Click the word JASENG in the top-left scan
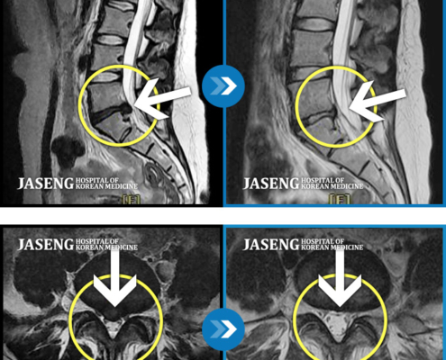pos(45,184)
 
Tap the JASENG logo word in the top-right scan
pos(271,184)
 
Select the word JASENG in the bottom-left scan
pos(45,245)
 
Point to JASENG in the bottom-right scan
pos(271,245)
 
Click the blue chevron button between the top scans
pos(223,85)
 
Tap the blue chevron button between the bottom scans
pos(223,329)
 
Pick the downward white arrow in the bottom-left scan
pos(115,277)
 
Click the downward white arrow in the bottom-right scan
pos(340,277)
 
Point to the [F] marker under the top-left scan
pos(131,200)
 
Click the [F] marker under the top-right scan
pos(340,199)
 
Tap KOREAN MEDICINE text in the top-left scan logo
pos(106,186)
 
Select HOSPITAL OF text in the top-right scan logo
pos(323,180)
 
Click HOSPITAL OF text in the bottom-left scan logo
pos(97,241)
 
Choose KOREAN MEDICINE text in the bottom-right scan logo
pos(332,247)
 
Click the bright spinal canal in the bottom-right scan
pos(339,325)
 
